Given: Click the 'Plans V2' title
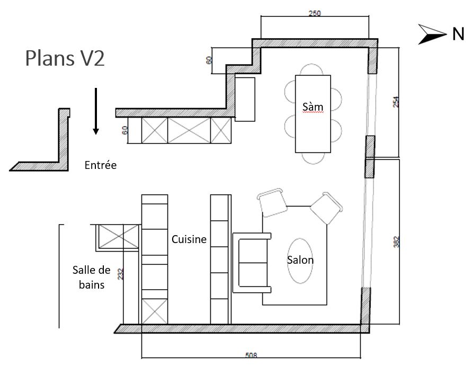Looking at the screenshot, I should point(65,58).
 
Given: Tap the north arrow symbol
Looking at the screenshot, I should point(433,34).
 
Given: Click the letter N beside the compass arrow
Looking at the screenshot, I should point(458,35).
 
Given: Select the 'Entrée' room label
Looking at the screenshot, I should point(100,166).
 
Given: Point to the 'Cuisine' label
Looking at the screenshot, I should point(189,239).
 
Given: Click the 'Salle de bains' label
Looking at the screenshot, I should point(91,278).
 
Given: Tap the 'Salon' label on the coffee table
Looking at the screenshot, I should point(300,260).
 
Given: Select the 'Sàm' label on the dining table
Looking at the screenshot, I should point(313,107).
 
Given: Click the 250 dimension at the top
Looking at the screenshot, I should point(315,13).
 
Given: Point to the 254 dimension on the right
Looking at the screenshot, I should point(396,102).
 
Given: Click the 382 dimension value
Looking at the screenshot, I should point(396,241).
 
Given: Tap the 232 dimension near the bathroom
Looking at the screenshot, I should point(121,274).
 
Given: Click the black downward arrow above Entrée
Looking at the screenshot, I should point(96,111).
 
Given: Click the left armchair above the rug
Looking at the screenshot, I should point(272,202).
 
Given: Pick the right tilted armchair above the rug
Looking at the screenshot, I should point(326,208).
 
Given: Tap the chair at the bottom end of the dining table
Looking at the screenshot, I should point(313,158).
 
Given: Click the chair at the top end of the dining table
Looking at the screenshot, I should point(313,70).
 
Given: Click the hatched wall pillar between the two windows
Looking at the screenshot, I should point(369,156).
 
